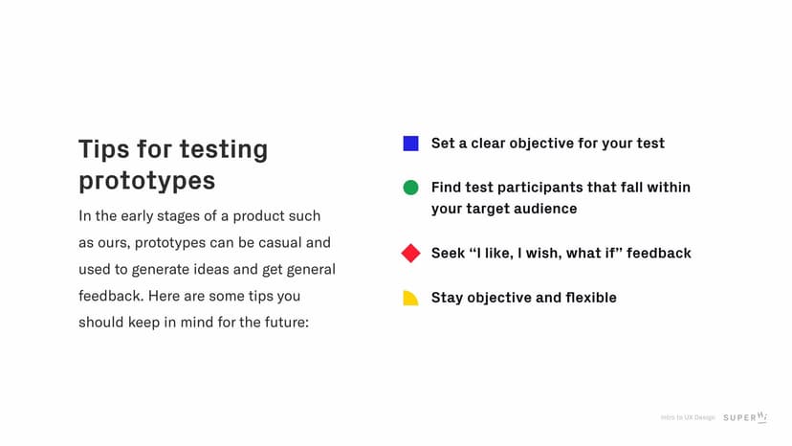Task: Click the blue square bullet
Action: (410, 144)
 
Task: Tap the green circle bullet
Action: (410, 188)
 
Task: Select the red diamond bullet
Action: (410, 254)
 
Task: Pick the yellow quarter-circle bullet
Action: (410, 298)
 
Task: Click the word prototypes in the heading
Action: (146, 181)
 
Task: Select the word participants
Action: (541, 188)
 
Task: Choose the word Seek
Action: (449, 254)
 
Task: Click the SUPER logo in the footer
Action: (745, 417)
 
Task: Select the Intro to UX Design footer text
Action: (688, 417)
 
